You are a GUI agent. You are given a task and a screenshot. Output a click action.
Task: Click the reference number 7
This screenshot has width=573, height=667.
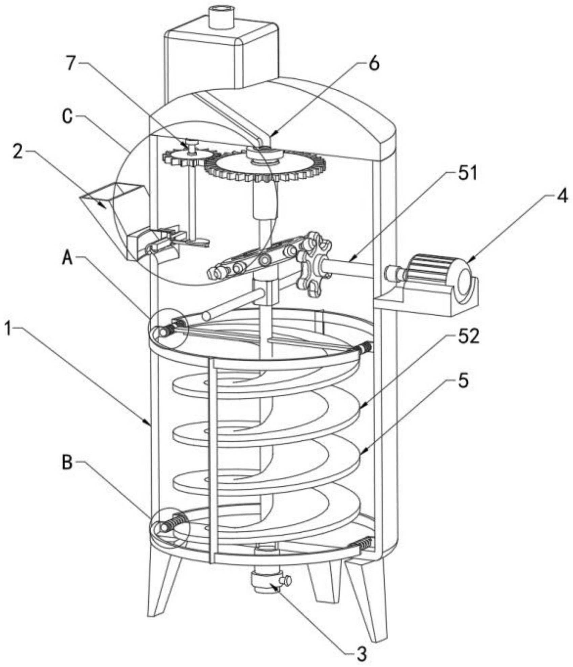[69, 64]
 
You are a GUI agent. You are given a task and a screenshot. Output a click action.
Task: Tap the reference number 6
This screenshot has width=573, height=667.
[374, 64]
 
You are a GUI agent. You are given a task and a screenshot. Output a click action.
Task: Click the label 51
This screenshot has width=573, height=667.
[467, 174]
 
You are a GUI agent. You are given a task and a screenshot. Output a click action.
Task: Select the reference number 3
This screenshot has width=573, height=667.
[362, 655]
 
